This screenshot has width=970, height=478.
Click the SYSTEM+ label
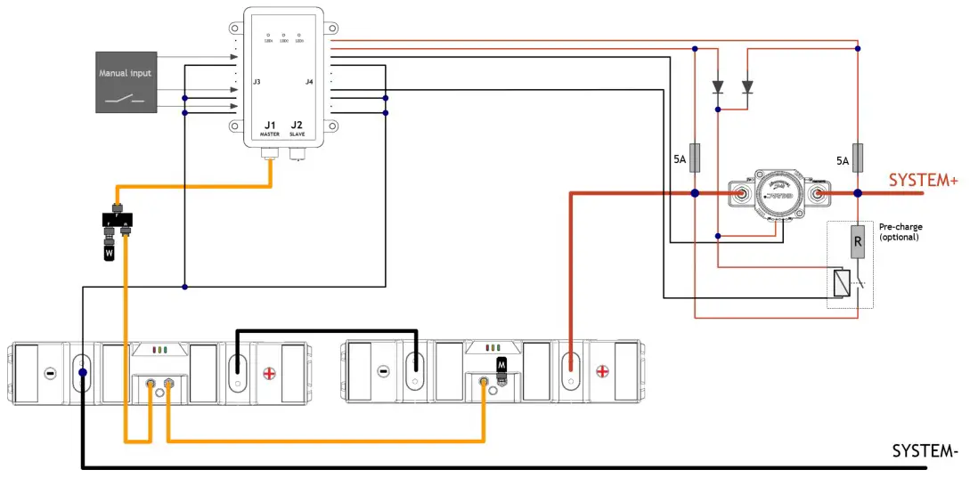click(x=923, y=181)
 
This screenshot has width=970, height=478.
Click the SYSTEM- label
click(x=925, y=451)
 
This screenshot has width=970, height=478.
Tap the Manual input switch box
click(x=126, y=82)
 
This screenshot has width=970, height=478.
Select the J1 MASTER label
click(x=270, y=128)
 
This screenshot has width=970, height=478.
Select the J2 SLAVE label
click(x=297, y=128)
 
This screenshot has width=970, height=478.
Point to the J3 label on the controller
click(x=257, y=82)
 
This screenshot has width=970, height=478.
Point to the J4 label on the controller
click(x=309, y=82)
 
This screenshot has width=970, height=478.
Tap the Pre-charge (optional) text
click(x=901, y=231)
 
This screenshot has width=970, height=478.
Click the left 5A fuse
click(x=695, y=158)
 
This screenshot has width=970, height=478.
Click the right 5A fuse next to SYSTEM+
click(x=857, y=158)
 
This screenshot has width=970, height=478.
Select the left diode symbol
click(x=718, y=87)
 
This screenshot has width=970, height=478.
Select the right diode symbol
click(x=746, y=87)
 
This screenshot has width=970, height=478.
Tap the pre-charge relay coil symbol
click(x=841, y=283)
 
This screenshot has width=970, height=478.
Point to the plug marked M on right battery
click(x=501, y=365)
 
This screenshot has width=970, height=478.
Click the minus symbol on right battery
click(x=383, y=370)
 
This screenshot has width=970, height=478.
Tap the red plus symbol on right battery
click(x=602, y=370)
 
